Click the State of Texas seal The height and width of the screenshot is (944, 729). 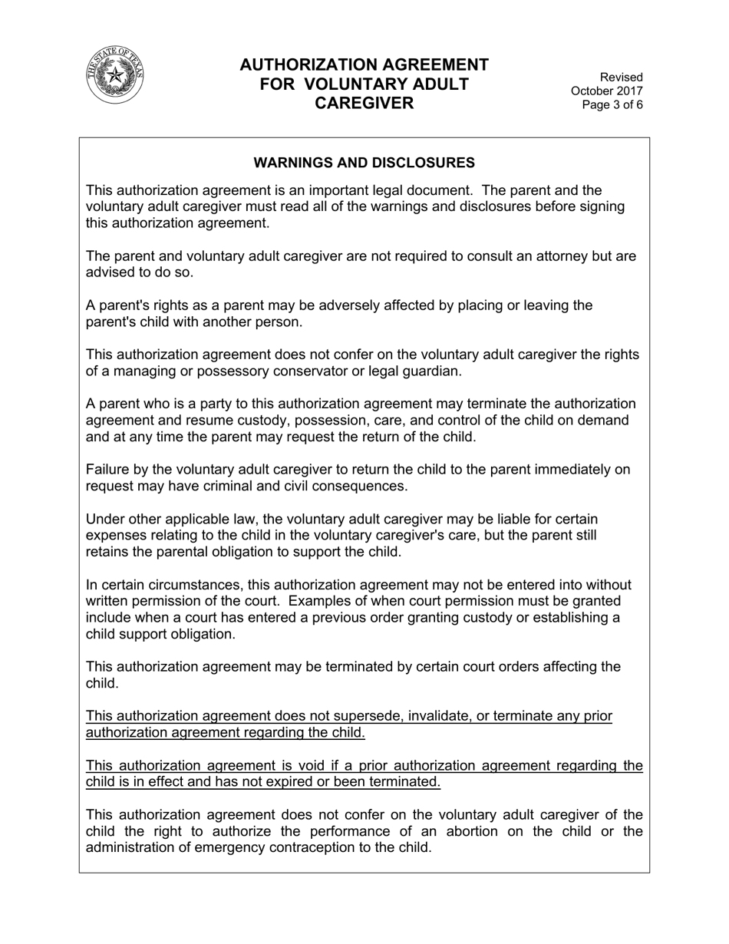click(x=114, y=75)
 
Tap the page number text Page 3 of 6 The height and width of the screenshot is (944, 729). click(x=612, y=105)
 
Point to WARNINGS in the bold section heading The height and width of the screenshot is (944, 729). click(x=293, y=163)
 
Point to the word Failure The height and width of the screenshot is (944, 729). click(x=108, y=470)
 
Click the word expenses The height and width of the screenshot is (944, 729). click(x=117, y=536)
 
